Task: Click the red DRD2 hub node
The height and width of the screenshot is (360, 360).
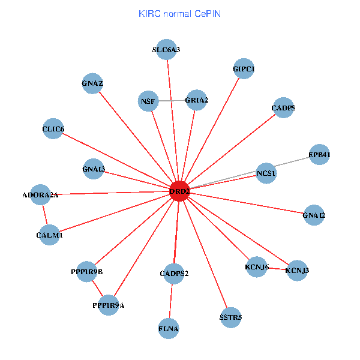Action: pos(179,191)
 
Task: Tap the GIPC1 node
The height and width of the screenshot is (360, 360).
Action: pos(244,70)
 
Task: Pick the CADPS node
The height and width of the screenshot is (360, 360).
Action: pos(283,109)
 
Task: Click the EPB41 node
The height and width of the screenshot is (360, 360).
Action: pos(319,155)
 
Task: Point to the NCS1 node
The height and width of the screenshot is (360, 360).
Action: pos(266,174)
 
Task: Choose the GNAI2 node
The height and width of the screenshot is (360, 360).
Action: pos(314,215)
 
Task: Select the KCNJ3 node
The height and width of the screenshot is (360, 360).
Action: pos(297,271)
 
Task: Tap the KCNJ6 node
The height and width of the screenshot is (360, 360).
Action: pos(256,267)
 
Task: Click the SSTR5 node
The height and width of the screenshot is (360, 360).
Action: pos(230,317)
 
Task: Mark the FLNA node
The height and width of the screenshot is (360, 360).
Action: pos(169,329)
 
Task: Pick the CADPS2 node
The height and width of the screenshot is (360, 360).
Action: pos(174,274)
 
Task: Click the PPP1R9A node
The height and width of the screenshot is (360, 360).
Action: pos(109,305)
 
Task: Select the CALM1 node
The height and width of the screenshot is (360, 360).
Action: pos(49,236)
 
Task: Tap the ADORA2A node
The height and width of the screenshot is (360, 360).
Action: pos(41,195)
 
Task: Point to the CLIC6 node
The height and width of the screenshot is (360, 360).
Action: pos(53,130)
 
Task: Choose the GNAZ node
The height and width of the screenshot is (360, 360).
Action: pos(92,83)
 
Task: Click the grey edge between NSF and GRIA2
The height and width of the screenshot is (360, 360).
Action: pos(172,100)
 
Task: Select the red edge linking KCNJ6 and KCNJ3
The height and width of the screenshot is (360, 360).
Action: pos(277,269)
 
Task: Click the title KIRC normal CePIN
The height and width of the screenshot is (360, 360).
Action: pos(179,13)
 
